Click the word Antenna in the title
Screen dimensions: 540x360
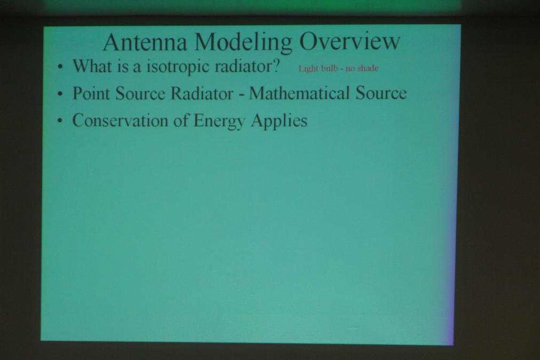(x=145, y=42)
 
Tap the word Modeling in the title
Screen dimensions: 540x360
(x=243, y=43)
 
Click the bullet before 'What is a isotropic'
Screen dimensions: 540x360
(x=60, y=66)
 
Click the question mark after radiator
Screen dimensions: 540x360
(x=276, y=65)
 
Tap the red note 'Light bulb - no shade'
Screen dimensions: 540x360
(x=339, y=68)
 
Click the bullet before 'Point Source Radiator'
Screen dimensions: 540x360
(x=60, y=93)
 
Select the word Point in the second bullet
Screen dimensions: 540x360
(x=91, y=93)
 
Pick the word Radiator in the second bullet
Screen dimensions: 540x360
(x=202, y=93)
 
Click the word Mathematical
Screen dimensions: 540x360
(x=299, y=93)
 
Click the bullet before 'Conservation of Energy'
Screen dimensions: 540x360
(x=60, y=121)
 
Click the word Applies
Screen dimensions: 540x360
(x=279, y=122)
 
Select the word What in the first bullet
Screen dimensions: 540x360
(x=92, y=66)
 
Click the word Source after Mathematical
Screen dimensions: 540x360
(x=381, y=93)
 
